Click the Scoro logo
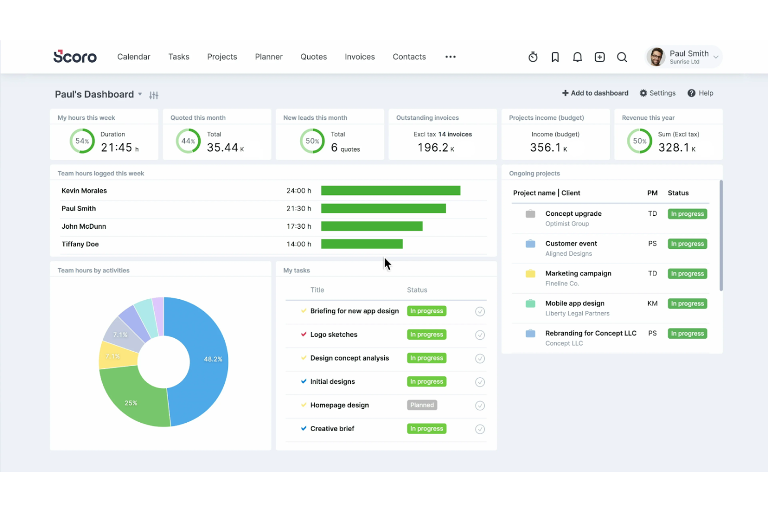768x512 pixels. [x=75, y=57]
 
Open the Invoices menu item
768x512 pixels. [x=360, y=57]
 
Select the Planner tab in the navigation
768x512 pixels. [x=268, y=57]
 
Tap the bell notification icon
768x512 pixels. [x=577, y=57]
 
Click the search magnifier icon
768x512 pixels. [x=622, y=57]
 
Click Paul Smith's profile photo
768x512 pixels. [x=656, y=57]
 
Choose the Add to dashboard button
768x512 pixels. [x=595, y=93]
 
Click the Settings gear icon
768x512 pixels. [x=643, y=93]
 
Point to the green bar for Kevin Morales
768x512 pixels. [x=390, y=191]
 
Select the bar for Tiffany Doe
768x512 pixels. [x=362, y=244]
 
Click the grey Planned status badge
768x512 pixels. [x=422, y=405]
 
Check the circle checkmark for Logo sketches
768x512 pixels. [x=480, y=335]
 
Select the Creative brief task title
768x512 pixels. [x=332, y=428]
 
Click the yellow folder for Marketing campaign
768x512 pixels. [x=530, y=274]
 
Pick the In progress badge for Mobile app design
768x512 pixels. [x=687, y=304]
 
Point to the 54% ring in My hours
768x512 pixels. [x=82, y=141]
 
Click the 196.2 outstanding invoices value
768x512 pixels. [x=433, y=148]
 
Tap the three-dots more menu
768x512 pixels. [x=450, y=57]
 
